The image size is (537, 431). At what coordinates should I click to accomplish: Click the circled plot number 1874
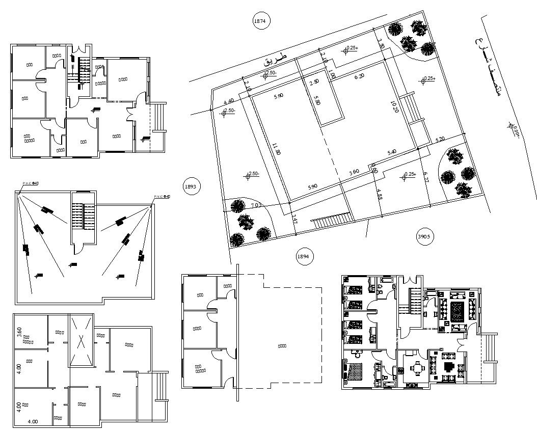(261, 21)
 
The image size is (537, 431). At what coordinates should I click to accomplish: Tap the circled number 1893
(191, 186)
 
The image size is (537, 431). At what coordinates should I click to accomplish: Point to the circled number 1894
(303, 256)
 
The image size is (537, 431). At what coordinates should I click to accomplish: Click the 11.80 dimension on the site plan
(276, 149)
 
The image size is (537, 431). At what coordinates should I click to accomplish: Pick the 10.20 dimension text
(394, 109)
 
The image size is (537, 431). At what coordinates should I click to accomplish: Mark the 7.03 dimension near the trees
(256, 206)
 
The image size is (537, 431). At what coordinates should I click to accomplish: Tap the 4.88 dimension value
(379, 195)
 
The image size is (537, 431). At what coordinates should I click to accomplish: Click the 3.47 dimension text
(294, 220)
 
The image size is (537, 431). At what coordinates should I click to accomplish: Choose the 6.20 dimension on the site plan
(360, 76)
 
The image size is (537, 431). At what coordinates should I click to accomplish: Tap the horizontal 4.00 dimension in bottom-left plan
(33, 422)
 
